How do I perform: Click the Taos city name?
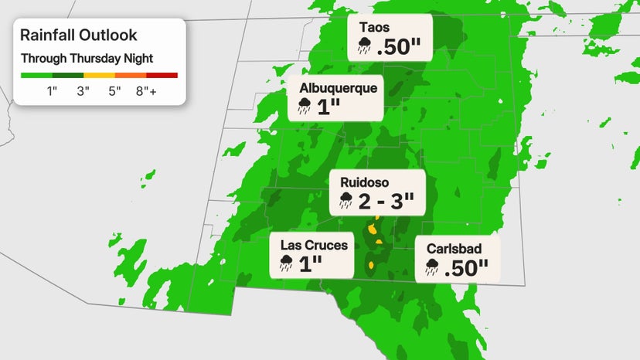pyautogui.click(x=375, y=28)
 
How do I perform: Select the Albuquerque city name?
pyautogui.click(x=339, y=88)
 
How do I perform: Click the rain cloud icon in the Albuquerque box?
pyautogui.click(x=305, y=107)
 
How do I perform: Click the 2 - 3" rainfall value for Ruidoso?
pyautogui.click(x=387, y=202)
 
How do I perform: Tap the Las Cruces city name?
pyautogui.click(x=314, y=245)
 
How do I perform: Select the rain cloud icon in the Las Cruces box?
pyautogui.click(x=287, y=263)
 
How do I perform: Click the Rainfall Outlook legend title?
pyautogui.click(x=78, y=35)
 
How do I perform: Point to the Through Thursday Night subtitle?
pyautogui.click(x=87, y=58)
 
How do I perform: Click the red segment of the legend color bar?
pyautogui.click(x=162, y=75)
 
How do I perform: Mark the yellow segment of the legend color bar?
pyautogui.click(x=99, y=75)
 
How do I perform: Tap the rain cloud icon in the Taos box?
pyautogui.click(x=364, y=47)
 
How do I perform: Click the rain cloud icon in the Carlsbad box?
pyautogui.click(x=431, y=268)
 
